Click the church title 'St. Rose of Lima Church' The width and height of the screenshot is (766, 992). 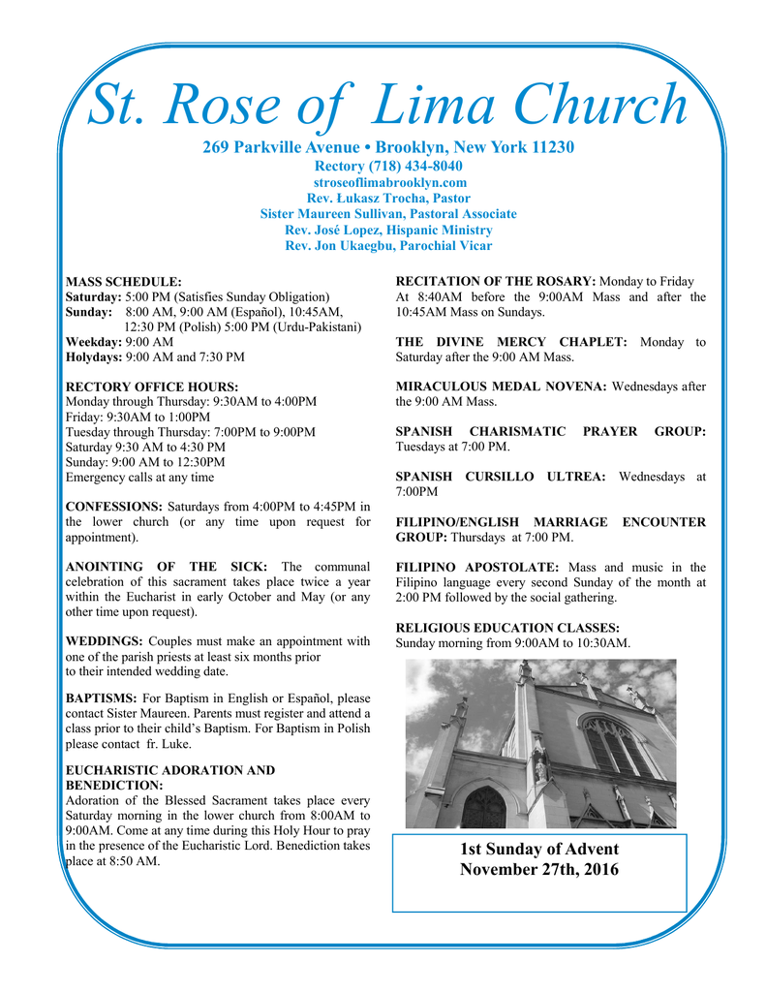[387, 105]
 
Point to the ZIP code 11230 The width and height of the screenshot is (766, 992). [553, 147]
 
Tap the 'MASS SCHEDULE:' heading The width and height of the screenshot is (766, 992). [123, 281]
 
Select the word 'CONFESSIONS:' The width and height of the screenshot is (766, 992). [113, 507]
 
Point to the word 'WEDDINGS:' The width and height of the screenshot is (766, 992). [104, 641]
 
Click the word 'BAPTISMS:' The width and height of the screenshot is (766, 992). [101, 697]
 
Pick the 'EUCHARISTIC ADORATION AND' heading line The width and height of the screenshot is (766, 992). [169, 770]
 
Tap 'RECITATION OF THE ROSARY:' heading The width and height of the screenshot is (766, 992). [496, 281]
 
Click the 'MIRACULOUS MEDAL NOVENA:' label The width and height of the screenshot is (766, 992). [502, 387]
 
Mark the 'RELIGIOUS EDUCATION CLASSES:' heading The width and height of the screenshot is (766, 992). [508, 628]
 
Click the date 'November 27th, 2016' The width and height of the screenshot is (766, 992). [538, 870]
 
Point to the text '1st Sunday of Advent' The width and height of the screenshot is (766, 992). [538, 850]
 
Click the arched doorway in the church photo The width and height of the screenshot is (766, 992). [483, 807]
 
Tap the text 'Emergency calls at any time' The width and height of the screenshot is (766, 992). [139, 477]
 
